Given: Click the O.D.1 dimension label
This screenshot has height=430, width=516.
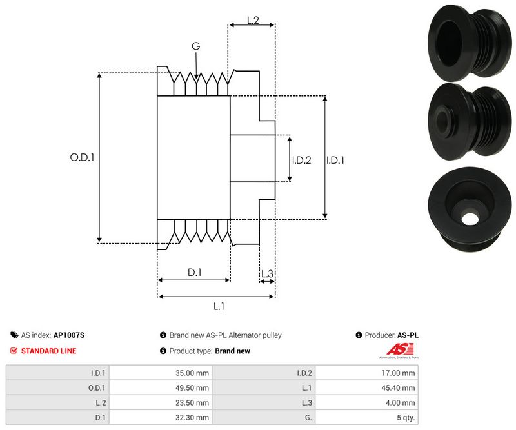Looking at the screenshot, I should pos(82,156).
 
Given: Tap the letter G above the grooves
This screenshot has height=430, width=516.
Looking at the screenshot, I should pos(195,46).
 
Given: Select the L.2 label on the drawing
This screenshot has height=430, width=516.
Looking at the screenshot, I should pos(253,21).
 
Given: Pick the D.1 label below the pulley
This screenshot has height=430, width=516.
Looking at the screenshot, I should pos(195,273).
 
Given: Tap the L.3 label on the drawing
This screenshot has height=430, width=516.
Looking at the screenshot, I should pos(267,274).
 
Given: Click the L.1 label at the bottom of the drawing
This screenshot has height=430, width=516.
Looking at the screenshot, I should pos(219,306).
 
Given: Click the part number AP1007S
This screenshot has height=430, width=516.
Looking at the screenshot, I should pos(69,335).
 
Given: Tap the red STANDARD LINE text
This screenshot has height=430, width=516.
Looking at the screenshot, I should pos(48,351).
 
